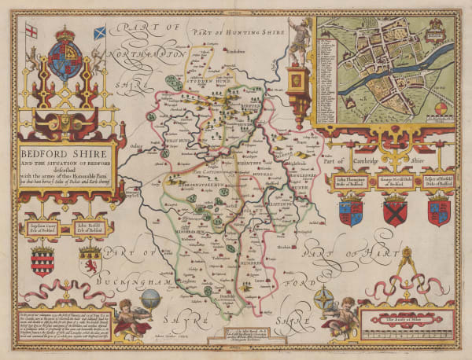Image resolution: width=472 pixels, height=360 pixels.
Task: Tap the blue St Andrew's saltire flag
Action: tap(100, 34)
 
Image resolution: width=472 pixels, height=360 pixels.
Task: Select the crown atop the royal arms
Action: tap(65, 38)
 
